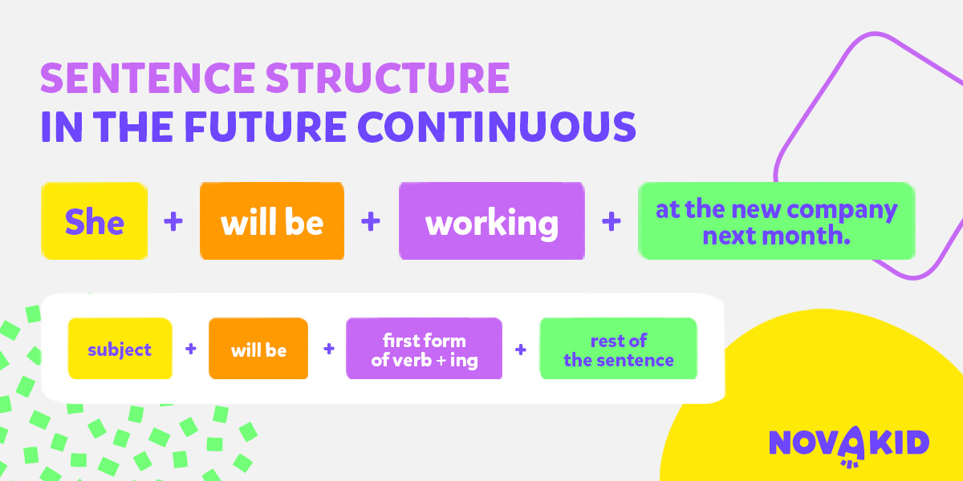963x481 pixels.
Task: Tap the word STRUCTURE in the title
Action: (388, 78)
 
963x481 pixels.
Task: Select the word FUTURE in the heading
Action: (266, 127)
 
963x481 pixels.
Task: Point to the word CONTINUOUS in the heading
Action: (497, 127)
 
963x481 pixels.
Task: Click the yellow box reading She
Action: (94, 220)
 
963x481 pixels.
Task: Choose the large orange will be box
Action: (272, 220)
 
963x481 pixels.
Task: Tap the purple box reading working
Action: (492, 220)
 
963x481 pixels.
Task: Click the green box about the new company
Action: (777, 220)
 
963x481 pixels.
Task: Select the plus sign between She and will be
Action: (173, 221)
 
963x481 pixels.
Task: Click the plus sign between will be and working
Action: (371, 221)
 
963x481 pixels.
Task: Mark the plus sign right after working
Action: (612, 221)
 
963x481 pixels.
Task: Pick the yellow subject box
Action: (120, 348)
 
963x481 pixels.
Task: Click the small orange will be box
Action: (258, 348)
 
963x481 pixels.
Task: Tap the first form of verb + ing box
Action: (424, 348)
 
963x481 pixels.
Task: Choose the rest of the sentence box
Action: (618, 348)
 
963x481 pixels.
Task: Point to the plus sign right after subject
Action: (191, 349)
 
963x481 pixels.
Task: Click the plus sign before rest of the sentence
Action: (521, 350)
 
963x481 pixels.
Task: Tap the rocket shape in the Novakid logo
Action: (851, 447)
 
